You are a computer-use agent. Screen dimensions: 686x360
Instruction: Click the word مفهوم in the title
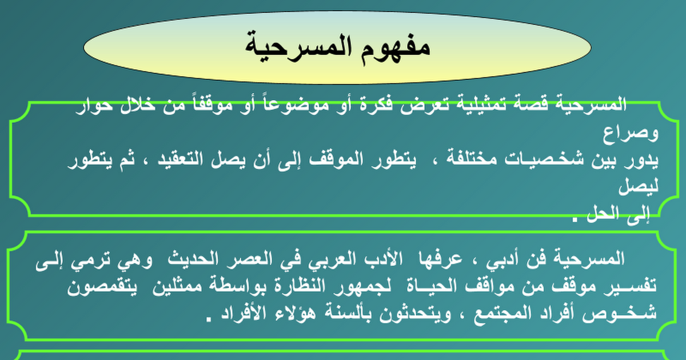[394, 48]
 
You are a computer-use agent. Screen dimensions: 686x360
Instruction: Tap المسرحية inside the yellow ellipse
[299, 47]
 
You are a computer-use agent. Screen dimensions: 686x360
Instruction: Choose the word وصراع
[631, 134]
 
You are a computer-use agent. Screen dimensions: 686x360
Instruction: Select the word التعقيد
[180, 159]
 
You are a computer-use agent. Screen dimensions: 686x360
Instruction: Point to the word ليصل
[638, 186]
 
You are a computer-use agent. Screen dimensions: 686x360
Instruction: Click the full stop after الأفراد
[209, 319]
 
